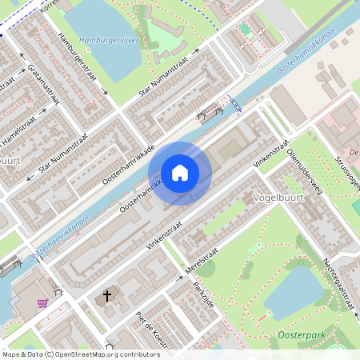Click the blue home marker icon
(x=180, y=173)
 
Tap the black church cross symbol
(x=106, y=297)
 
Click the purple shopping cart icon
(x=42, y=303)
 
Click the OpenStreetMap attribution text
(x=80, y=354)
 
